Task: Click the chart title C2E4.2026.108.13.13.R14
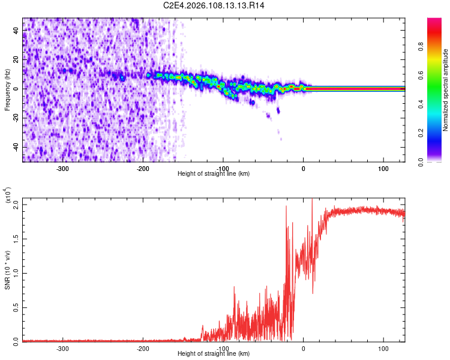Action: (214, 5)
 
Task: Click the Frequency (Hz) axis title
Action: (7, 90)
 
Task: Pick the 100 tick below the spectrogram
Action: (383, 169)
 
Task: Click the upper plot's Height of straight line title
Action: (214, 174)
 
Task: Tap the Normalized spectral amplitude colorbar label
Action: (446, 91)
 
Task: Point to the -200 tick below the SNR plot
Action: (143, 349)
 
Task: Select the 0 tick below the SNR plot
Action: (304, 349)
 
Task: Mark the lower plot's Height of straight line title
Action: (214, 354)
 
